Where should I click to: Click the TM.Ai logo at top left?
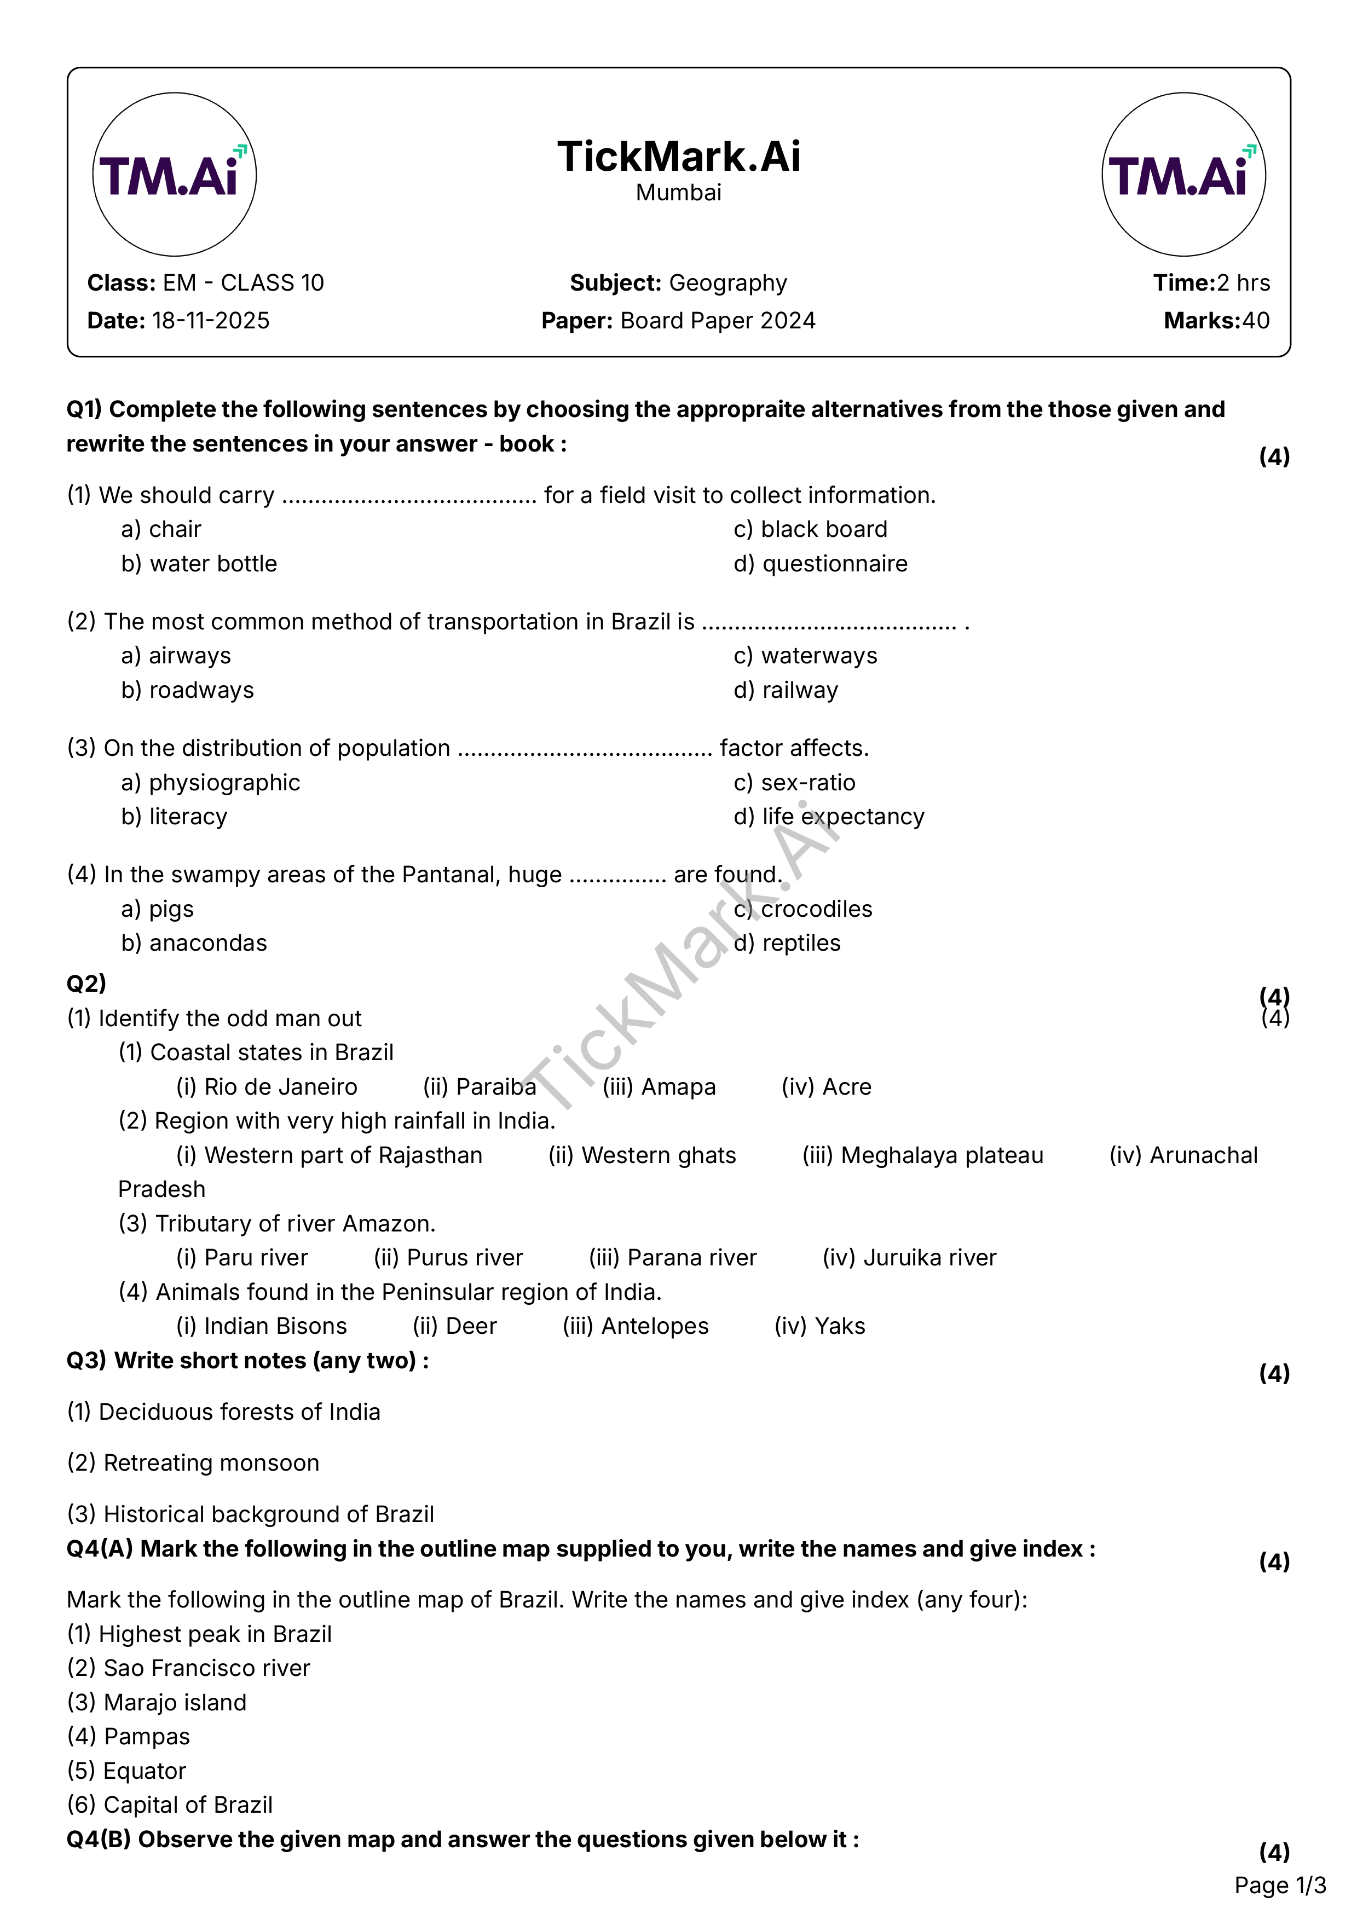174,174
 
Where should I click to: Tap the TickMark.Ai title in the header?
678,157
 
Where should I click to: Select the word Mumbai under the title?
678,193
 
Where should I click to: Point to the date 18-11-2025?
211,321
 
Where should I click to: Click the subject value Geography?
727,284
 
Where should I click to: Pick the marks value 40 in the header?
1255,321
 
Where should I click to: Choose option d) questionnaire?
820,564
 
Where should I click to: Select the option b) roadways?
187,691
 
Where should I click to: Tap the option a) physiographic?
211,783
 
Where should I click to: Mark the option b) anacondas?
194,943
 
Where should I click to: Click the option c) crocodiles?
802,909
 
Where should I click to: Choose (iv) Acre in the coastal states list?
826,1087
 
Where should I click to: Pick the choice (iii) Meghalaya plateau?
922,1156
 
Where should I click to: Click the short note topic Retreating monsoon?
193,1464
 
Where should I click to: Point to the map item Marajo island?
157,1703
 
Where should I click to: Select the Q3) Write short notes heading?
247,1361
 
